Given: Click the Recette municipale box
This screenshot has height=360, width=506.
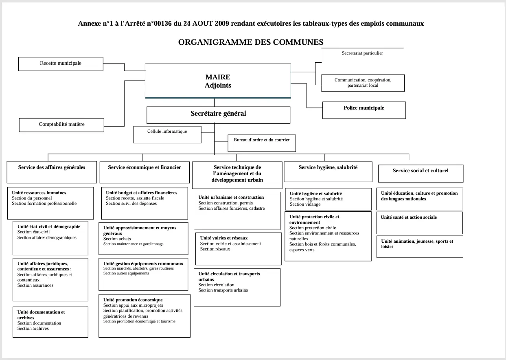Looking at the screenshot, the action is pyautogui.click(x=61, y=64).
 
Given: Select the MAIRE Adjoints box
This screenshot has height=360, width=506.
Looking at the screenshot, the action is pyautogui.click(x=218, y=81).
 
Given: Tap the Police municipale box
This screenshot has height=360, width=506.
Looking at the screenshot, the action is pyautogui.click(x=364, y=110).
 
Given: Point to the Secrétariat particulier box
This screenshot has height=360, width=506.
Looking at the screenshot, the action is pyautogui.click(x=362, y=56).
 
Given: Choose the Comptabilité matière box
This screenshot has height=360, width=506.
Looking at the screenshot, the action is pyautogui.click(x=61, y=125).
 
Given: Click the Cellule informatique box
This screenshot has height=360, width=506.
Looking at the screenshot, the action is pyautogui.click(x=167, y=134).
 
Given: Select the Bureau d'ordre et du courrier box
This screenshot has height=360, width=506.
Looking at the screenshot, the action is pyautogui.click(x=262, y=143).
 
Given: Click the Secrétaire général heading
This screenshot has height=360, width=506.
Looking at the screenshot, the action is pyautogui.click(x=218, y=114).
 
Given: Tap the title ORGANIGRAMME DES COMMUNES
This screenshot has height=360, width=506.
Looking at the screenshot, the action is pyautogui.click(x=251, y=42).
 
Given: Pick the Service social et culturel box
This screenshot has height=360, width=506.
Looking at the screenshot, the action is pyautogui.click(x=421, y=173).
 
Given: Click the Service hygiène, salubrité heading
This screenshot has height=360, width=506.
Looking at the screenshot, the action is pyautogui.click(x=328, y=167).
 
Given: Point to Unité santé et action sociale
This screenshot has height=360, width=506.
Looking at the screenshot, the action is pyautogui.click(x=409, y=217).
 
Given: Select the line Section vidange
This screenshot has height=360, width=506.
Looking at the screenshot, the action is pyautogui.click(x=305, y=204).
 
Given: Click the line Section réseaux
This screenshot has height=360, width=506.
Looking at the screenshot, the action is pyautogui.click(x=215, y=249).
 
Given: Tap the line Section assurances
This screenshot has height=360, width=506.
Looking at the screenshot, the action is pyautogui.click(x=35, y=285).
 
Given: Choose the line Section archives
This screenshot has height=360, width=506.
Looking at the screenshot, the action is pyautogui.click(x=33, y=328).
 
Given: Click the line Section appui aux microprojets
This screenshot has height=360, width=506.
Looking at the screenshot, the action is pyautogui.click(x=133, y=305).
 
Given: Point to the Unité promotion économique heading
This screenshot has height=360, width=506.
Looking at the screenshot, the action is pyautogui.click(x=133, y=300).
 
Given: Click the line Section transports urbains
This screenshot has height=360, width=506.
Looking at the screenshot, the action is pyautogui.click(x=223, y=290).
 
